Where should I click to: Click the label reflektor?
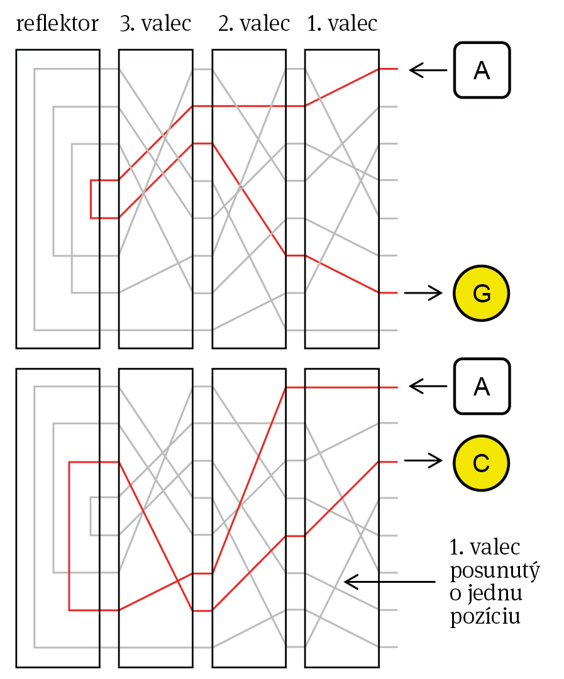57,23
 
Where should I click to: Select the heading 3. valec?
155,23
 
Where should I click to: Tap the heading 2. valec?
253,23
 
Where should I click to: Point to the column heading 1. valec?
342,23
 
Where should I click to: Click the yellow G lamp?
481,293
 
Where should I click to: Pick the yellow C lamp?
481,463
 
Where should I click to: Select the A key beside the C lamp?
482,386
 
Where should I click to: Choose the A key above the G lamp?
482,70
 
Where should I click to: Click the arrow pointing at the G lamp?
423,293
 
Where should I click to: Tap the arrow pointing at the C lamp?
423,461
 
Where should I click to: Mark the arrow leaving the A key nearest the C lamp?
428,386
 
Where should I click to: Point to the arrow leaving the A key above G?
428,70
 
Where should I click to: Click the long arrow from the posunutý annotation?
389,582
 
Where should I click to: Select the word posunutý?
495,571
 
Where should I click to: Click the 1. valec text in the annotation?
485,548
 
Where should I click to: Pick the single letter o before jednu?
456,595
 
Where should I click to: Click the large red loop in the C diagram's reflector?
69,536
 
